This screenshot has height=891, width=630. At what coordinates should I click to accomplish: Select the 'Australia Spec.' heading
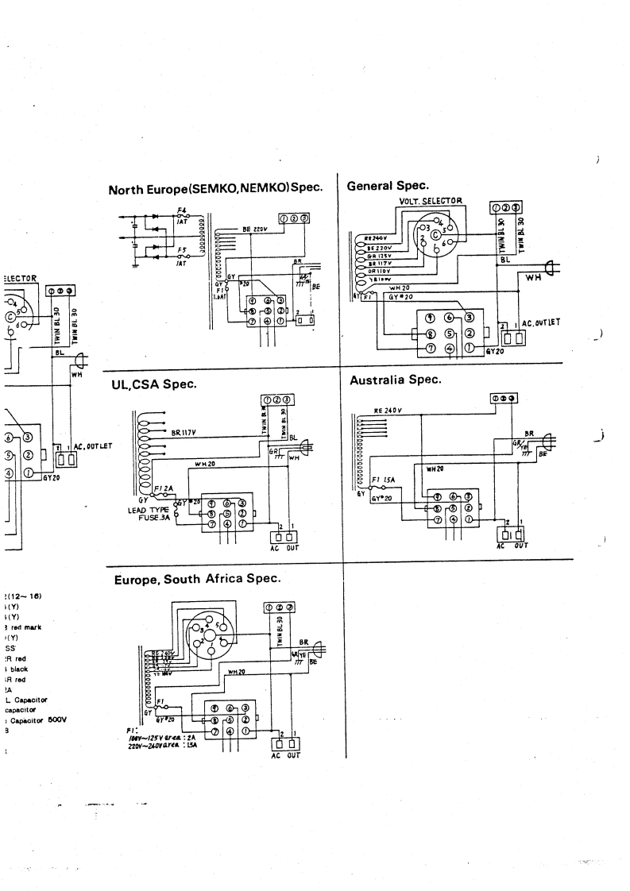click(x=395, y=380)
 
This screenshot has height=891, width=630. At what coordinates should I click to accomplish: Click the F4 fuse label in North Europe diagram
click(x=180, y=210)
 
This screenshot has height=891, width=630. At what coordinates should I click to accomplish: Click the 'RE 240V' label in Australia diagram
click(x=388, y=411)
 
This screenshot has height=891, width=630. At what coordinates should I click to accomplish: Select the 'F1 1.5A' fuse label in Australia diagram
click(x=385, y=481)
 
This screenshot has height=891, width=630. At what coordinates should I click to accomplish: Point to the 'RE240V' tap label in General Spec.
click(x=375, y=237)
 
